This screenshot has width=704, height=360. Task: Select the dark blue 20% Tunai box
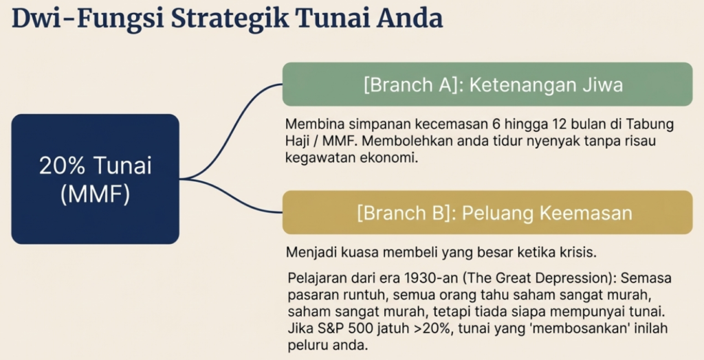(x=95, y=179)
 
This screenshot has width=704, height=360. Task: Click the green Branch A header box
(x=487, y=85)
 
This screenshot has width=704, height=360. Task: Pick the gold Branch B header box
(x=487, y=212)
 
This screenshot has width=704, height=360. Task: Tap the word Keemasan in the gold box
(x=589, y=213)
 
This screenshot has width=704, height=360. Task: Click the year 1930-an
(x=431, y=278)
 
